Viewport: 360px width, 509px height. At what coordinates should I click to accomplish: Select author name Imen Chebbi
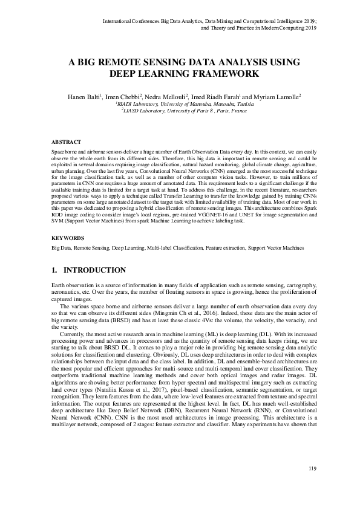(123, 96)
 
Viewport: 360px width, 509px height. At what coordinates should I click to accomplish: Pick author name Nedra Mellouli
(167, 96)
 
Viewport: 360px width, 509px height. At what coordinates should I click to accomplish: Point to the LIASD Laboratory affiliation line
(180, 111)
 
